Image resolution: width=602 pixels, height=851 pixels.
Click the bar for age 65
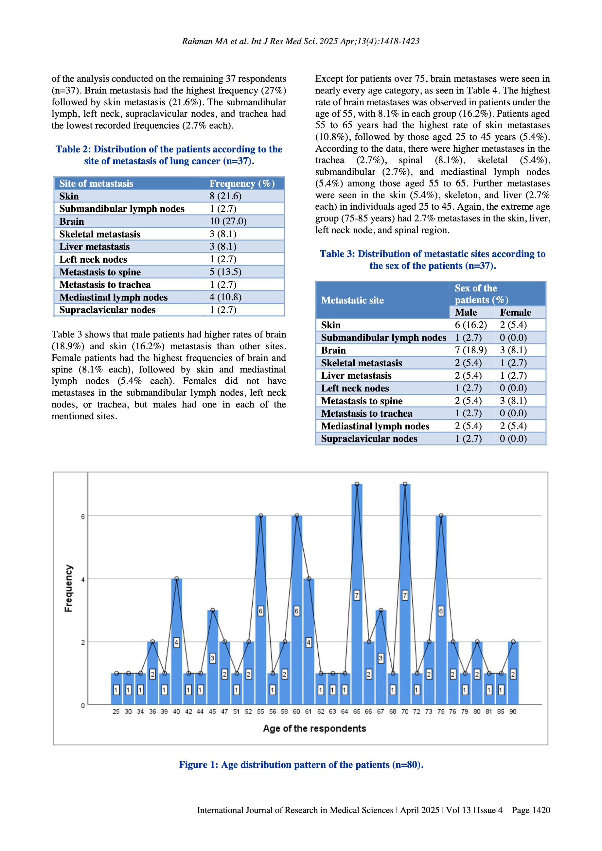point(357,593)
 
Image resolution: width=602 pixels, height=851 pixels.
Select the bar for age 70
point(405,593)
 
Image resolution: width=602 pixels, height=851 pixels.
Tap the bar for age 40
point(176,641)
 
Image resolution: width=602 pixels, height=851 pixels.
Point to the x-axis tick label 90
point(513,712)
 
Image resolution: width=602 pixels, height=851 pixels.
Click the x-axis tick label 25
point(116,712)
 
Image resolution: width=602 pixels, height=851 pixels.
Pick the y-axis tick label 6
point(83,516)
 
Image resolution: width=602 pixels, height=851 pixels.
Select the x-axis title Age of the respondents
point(314,728)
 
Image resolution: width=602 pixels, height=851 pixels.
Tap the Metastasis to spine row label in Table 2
point(100,272)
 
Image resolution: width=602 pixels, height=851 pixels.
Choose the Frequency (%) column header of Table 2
point(242,183)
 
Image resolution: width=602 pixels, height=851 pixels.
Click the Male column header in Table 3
point(466,312)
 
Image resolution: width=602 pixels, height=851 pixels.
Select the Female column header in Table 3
point(515,312)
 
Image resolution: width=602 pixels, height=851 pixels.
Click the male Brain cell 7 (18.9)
point(471,350)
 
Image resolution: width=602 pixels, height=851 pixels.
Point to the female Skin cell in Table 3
point(513,325)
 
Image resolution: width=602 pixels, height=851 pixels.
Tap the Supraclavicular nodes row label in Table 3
point(369,439)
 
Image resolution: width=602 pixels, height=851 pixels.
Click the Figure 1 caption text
point(301,765)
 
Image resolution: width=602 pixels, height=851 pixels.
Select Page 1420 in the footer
point(530,810)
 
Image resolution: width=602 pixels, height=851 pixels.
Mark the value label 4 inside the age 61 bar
point(309,642)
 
